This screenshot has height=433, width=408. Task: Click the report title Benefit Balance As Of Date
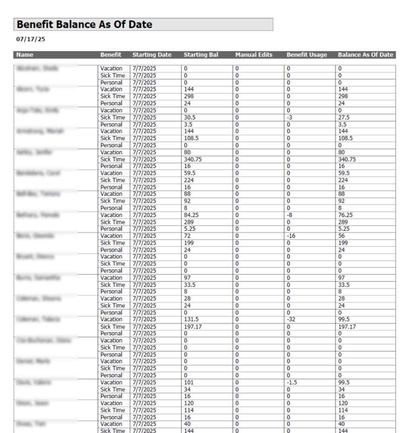click(84, 25)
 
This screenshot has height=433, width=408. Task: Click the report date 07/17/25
click(31, 39)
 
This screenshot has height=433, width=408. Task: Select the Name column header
click(25, 55)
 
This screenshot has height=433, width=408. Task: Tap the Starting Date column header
click(152, 55)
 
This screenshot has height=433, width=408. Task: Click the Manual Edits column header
click(254, 55)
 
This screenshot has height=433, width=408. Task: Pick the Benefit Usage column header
click(306, 55)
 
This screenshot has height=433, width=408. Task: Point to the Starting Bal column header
click(201, 55)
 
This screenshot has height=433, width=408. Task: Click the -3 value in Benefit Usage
click(289, 117)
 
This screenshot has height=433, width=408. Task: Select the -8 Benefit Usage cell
click(289, 215)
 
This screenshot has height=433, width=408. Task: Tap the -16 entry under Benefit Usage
click(291, 236)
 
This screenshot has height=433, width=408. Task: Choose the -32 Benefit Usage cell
click(291, 319)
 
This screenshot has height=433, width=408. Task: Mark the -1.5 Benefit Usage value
click(292, 382)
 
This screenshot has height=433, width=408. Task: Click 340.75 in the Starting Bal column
click(192, 159)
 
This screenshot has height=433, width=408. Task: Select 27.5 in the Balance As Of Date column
click(343, 117)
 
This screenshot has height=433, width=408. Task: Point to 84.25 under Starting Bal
click(191, 215)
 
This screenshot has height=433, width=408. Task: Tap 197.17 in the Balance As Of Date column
click(346, 327)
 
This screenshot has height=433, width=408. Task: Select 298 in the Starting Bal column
click(188, 96)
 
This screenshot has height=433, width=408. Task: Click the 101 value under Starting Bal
click(188, 382)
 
